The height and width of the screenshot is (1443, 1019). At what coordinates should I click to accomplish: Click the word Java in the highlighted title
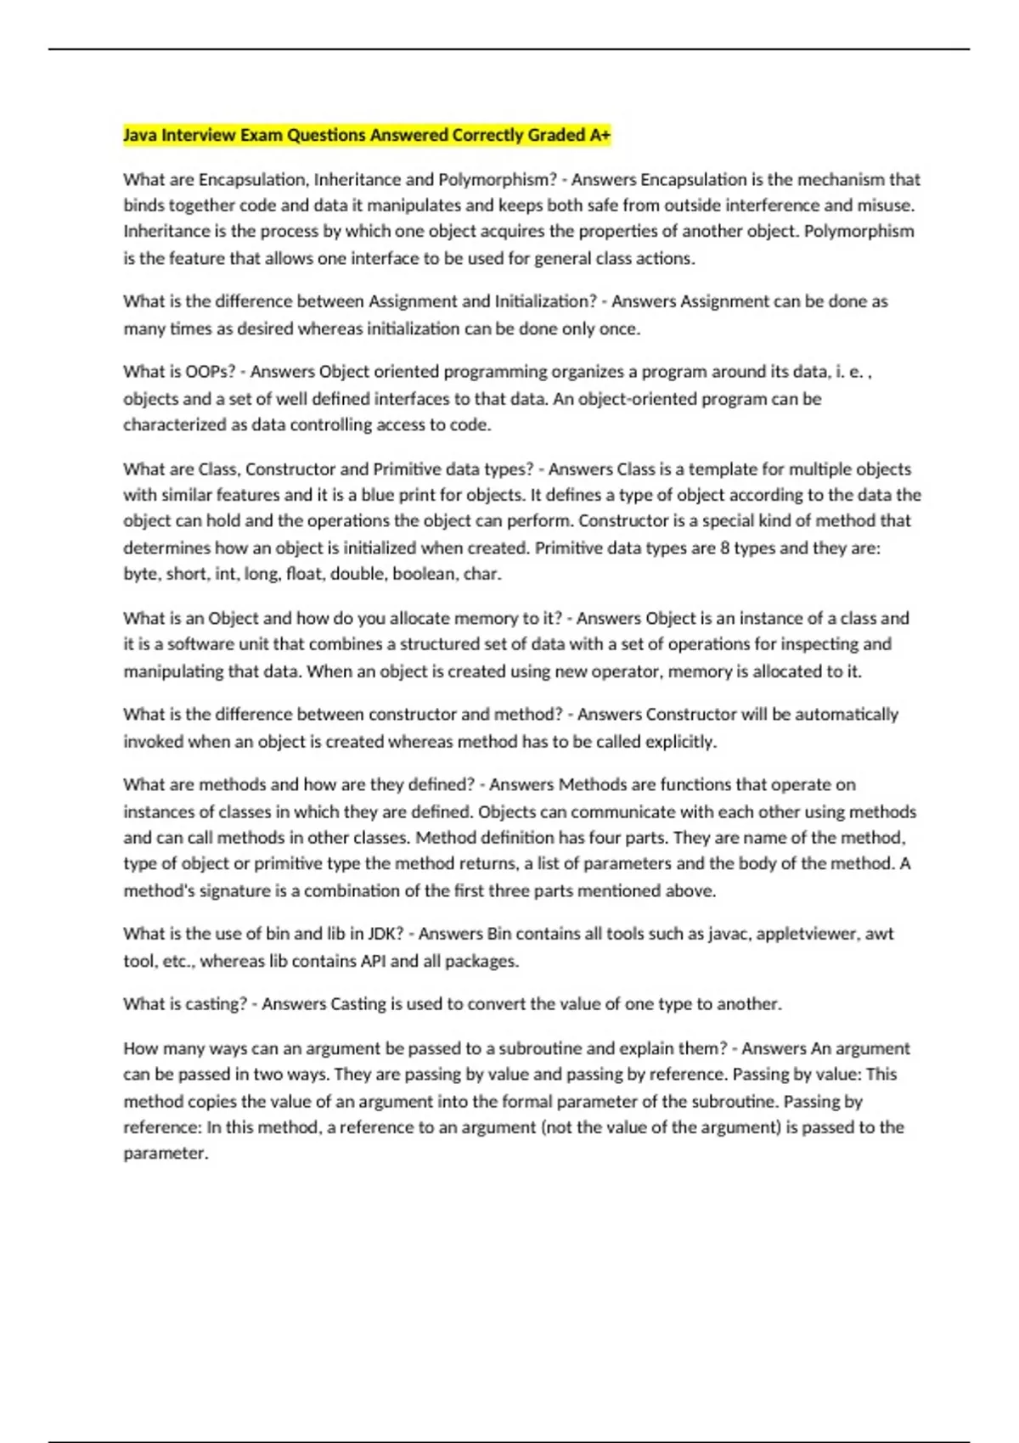click(140, 135)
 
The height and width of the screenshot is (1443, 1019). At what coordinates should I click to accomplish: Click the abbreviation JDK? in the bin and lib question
click(386, 934)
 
